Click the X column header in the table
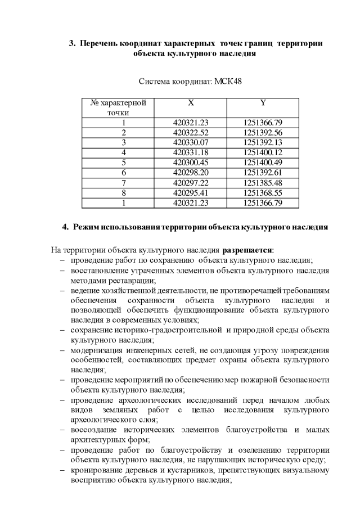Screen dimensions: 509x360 191,103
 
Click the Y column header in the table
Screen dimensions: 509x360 263,103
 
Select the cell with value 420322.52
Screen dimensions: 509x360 191,133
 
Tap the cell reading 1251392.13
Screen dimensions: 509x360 263,142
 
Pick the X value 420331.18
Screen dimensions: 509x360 191,152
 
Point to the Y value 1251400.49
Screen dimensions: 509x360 263,163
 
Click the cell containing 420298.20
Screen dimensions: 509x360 191,173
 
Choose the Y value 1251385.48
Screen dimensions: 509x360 263,183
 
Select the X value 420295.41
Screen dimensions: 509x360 191,193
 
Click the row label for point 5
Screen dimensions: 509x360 123,163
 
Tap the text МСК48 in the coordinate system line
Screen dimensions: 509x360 228,82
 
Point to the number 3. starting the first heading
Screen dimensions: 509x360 72,43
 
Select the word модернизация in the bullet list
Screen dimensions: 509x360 95,350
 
